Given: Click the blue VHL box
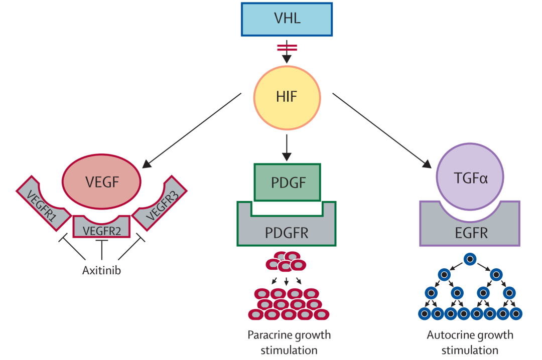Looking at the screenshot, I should point(287,19).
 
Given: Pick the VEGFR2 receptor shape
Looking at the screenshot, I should point(102,230).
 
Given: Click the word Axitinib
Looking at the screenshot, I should point(101,271).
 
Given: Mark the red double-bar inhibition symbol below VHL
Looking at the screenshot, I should point(287,48).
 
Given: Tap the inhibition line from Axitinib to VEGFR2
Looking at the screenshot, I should point(102,251).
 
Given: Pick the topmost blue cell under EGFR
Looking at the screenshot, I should point(470,259).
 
